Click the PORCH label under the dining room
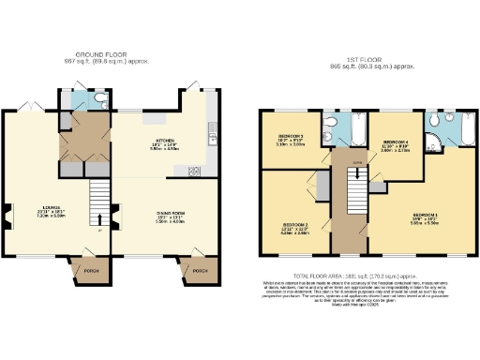pos(199,271)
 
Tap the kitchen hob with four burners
pos(195,172)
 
